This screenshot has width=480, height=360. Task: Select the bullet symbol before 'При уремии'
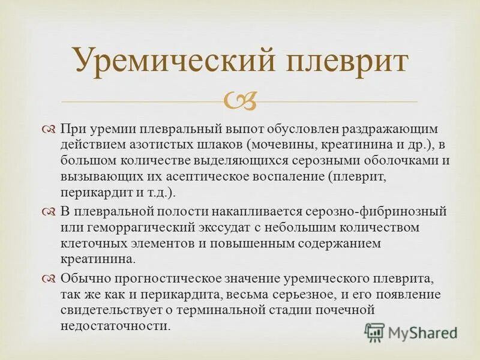[49, 130]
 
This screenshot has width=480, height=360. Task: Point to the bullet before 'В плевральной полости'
[49, 212]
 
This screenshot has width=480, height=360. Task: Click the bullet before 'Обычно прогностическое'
[49, 278]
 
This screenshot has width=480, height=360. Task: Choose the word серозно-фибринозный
[374, 212]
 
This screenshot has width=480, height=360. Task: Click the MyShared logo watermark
[412, 332]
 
